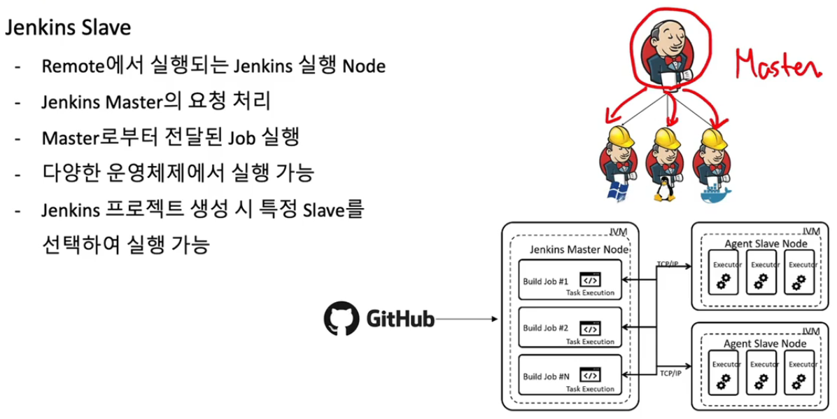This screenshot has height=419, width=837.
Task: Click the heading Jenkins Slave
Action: [68, 28]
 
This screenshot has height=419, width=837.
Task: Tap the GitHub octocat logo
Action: [341, 318]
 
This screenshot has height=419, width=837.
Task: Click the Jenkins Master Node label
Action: [579, 249]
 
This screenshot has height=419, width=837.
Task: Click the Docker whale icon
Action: [715, 192]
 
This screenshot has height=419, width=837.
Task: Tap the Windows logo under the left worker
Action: [618, 190]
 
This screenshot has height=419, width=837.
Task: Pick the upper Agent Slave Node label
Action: [765, 243]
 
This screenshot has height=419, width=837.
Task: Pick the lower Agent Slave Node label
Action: [765, 343]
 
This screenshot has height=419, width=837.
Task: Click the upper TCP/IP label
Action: [668, 264]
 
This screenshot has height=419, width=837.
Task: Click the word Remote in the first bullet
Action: [73, 66]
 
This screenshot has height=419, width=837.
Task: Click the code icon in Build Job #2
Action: [590, 328]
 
